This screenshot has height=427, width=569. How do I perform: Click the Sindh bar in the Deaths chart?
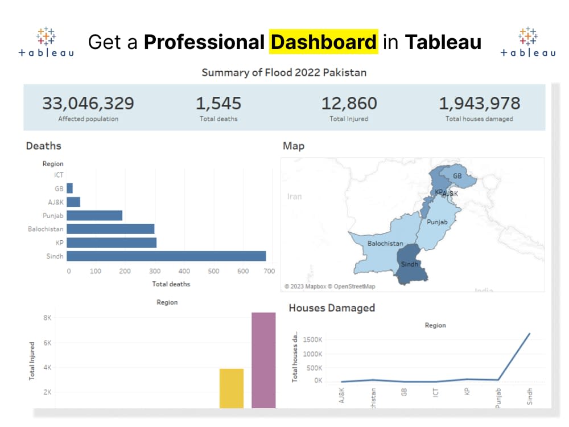click(166, 256)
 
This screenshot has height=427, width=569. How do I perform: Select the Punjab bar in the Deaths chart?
click(94, 215)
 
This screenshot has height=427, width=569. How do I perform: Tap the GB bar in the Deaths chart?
click(69, 188)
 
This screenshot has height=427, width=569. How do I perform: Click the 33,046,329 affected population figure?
click(88, 104)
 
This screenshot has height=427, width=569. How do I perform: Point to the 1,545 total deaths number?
click(218, 104)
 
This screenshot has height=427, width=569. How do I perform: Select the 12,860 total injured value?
click(349, 104)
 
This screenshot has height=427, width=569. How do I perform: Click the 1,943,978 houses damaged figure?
click(479, 104)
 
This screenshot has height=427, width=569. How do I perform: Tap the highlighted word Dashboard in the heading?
click(323, 42)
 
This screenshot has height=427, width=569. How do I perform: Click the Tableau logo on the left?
click(46, 42)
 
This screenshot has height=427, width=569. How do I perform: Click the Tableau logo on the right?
click(527, 42)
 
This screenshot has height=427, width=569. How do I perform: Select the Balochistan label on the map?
click(385, 244)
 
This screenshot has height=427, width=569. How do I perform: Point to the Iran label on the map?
click(294, 196)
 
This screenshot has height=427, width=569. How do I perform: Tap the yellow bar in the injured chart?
click(232, 388)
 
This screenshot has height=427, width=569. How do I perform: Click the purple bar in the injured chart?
click(263, 360)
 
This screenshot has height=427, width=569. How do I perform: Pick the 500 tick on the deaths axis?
click(213, 271)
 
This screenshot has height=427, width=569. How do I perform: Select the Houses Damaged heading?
click(332, 308)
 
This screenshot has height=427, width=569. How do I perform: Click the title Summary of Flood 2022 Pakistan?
click(284, 72)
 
